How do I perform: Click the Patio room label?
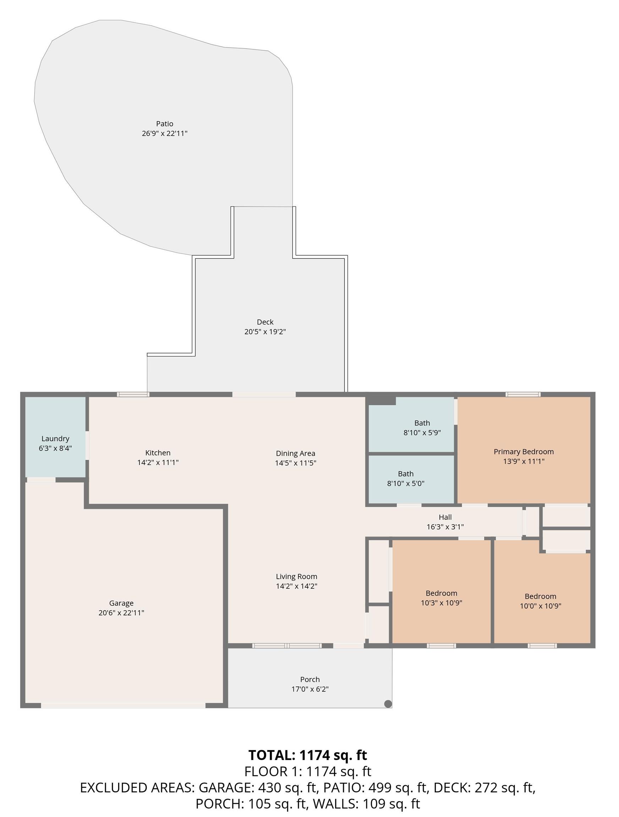coord(165,124)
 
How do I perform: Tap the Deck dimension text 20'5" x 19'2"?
coord(265,332)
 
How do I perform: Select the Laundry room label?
coord(55,439)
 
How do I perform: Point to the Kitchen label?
coord(158,453)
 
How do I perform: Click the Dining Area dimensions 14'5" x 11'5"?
coord(295,463)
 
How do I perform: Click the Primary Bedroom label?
coord(524,452)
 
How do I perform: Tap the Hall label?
coord(445,517)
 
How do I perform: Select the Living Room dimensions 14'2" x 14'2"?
coord(297,586)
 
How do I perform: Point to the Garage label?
coord(121,603)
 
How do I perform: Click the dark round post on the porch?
coord(388,704)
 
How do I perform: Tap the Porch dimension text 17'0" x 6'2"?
coord(310,689)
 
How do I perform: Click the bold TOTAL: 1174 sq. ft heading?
coord(308,755)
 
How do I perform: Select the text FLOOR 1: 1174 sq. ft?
coord(308,771)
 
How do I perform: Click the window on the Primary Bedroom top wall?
coord(523,394)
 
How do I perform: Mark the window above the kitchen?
coord(133,394)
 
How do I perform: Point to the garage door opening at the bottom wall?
coord(123,705)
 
